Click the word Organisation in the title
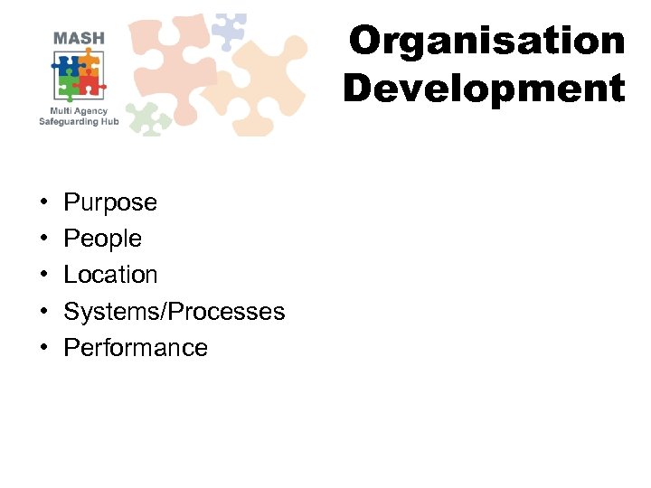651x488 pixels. pos(486,42)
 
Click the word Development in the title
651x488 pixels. pos(484,89)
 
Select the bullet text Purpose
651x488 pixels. pos(109,202)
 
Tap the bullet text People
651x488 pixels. pos(102,239)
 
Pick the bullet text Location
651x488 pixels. pos(110,275)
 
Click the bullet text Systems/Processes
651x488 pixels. pos(174,312)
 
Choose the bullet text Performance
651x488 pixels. pos(135,348)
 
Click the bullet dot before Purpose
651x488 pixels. pos(43,203)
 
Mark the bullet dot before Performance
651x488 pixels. pos(43,349)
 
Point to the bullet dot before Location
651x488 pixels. pos(43,276)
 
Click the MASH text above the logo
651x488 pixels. pos(79,39)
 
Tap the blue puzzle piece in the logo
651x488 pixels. pos(68,65)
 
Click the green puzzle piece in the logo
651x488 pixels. pos(69,87)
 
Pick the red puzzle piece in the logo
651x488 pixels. pos(90,86)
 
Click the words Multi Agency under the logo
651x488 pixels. pos(79,110)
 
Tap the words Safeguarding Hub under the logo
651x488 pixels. pos(79,121)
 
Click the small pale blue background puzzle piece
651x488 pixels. pos(228,31)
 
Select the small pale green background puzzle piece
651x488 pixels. pos(148,117)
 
